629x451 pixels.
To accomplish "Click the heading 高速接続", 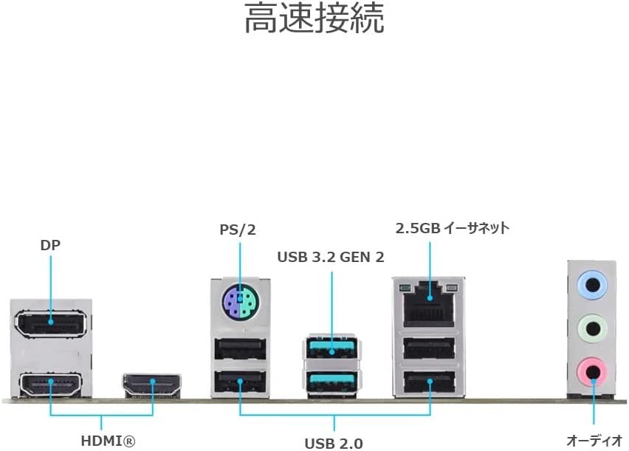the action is click(x=314, y=18).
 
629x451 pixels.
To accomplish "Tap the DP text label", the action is click(x=50, y=245).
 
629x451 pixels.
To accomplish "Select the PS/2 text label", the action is click(x=238, y=230).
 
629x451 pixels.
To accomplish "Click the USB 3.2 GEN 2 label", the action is click(x=331, y=257).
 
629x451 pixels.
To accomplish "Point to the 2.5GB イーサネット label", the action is click(x=453, y=228).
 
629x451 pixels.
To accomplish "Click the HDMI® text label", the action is click(x=108, y=441).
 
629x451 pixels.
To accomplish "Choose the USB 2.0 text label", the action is click(x=334, y=444).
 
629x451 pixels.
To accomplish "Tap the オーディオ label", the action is click(x=594, y=441).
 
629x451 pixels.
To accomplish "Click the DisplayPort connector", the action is click(x=50, y=323).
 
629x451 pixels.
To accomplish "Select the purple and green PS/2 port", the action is click(x=240, y=301).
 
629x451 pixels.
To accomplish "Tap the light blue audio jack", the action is click(x=592, y=285).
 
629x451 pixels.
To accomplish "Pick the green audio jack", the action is click(x=592, y=328).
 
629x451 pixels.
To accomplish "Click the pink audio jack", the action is click(x=592, y=372).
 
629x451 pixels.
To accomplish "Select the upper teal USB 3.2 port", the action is click(x=331, y=348).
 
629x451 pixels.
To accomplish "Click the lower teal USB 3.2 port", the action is click(x=331, y=382).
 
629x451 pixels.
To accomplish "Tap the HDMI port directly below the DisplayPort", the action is click(x=50, y=384).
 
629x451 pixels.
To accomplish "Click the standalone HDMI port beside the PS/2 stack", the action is click(x=152, y=385).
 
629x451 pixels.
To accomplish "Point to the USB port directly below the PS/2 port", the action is click(x=240, y=348).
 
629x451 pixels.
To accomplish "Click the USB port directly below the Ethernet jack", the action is click(x=429, y=348).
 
